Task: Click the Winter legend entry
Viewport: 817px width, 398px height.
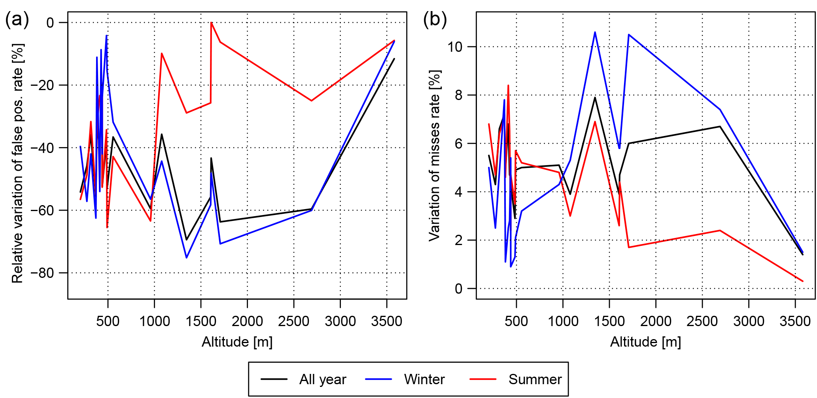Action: (x=424, y=379)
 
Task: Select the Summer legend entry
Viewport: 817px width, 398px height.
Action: (x=535, y=379)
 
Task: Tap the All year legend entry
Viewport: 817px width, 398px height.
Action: (x=322, y=379)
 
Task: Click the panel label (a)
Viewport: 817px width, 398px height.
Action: (x=17, y=19)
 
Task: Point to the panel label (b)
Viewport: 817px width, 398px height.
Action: (x=435, y=19)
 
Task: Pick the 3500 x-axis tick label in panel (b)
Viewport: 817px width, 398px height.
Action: (x=795, y=321)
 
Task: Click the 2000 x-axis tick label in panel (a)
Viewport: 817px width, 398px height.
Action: (x=247, y=321)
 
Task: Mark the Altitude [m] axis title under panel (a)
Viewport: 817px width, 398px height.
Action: (x=237, y=342)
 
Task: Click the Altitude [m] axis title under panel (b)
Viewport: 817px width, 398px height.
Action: (x=645, y=342)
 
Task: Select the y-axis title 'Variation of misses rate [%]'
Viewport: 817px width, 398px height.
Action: (x=435, y=156)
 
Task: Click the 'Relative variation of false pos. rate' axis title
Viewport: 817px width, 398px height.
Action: (x=17, y=163)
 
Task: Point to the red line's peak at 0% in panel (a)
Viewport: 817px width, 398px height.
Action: (x=212, y=23)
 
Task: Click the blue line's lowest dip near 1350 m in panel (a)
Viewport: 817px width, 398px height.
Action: (x=187, y=258)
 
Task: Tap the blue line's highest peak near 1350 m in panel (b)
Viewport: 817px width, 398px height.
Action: (x=595, y=32)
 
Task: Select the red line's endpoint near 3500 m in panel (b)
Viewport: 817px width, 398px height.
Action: (x=803, y=281)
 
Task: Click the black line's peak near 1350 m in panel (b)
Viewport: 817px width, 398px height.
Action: (x=595, y=97)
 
